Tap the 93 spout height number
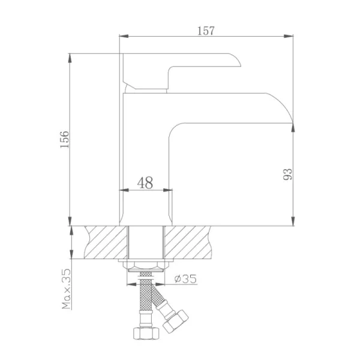[287, 175]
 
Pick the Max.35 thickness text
[65, 289]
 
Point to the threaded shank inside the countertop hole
[145, 242]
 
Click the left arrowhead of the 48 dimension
[124, 191]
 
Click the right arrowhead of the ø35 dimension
[166, 279]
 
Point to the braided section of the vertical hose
[144, 300]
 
